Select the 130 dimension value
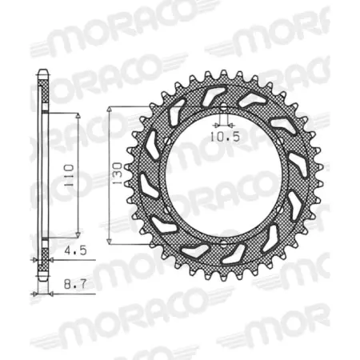(118, 170)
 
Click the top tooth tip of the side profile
(42, 74)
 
